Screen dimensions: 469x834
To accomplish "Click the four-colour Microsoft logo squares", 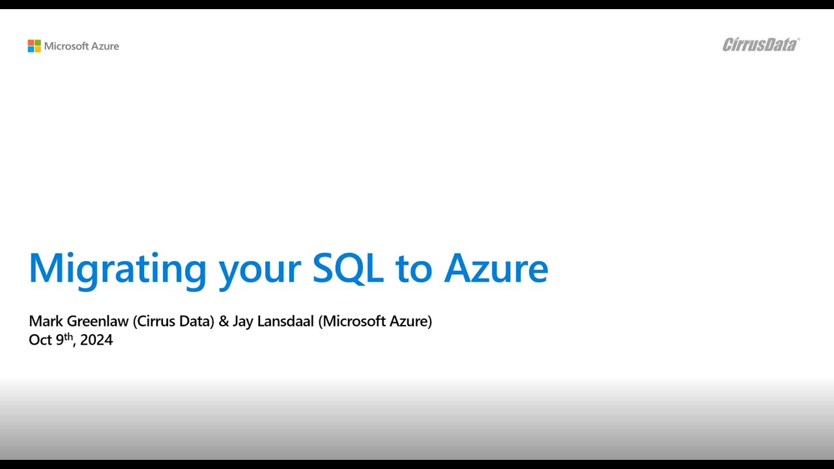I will click(x=34, y=46).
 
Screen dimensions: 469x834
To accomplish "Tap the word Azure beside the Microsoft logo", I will click(x=105, y=46).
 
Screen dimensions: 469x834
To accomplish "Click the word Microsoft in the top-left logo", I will click(x=66, y=46).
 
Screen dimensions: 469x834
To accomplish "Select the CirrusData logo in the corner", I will click(x=760, y=44).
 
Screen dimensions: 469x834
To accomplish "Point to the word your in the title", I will click(x=259, y=268).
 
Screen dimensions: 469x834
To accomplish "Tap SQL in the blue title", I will click(x=348, y=267).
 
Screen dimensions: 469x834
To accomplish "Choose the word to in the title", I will click(x=413, y=268).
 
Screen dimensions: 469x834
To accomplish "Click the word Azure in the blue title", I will click(x=496, y=267).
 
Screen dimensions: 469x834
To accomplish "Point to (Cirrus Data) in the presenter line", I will click(x=173, y=321).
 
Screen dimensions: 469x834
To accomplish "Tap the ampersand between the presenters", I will click(x=223, y=321).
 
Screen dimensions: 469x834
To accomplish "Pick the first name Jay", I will click(x=242, y=322).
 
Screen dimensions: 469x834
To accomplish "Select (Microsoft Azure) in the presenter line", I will click(x=375, y=321).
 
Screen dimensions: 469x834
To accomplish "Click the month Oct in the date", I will click(x=40, y=340).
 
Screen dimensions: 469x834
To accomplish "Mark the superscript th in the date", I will click(x=68, y=337).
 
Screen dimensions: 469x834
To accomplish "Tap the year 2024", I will click(x=96, y=340).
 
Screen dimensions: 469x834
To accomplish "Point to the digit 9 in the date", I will click(x=59, y=340).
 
